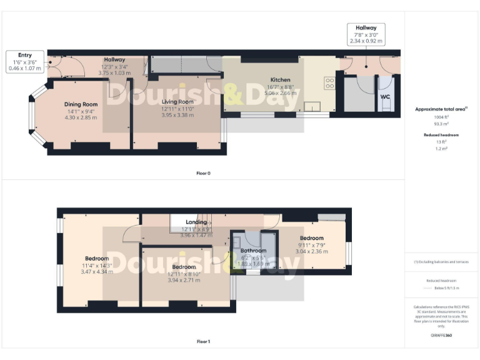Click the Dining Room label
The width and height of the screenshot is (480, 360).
point(81,104)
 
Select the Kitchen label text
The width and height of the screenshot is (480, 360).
point(280,80)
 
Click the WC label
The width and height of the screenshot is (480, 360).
point(385,97)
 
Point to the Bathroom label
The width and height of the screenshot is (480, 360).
point(253,251)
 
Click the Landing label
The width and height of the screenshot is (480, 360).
point(197,222)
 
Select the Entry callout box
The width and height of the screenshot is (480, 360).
point(25,61)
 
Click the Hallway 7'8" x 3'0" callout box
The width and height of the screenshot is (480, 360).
point(366,34)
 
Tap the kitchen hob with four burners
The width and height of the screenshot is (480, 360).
point(330,83)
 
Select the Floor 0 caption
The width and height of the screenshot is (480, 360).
point(203,173)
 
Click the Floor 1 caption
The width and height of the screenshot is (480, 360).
point(203,342)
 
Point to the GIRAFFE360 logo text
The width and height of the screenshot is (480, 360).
point(441,336)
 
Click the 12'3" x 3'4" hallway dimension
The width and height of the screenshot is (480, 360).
point(115,66)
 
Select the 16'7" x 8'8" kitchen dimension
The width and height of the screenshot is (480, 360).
point(280,87)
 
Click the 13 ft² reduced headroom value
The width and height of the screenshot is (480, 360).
point(441,142)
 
